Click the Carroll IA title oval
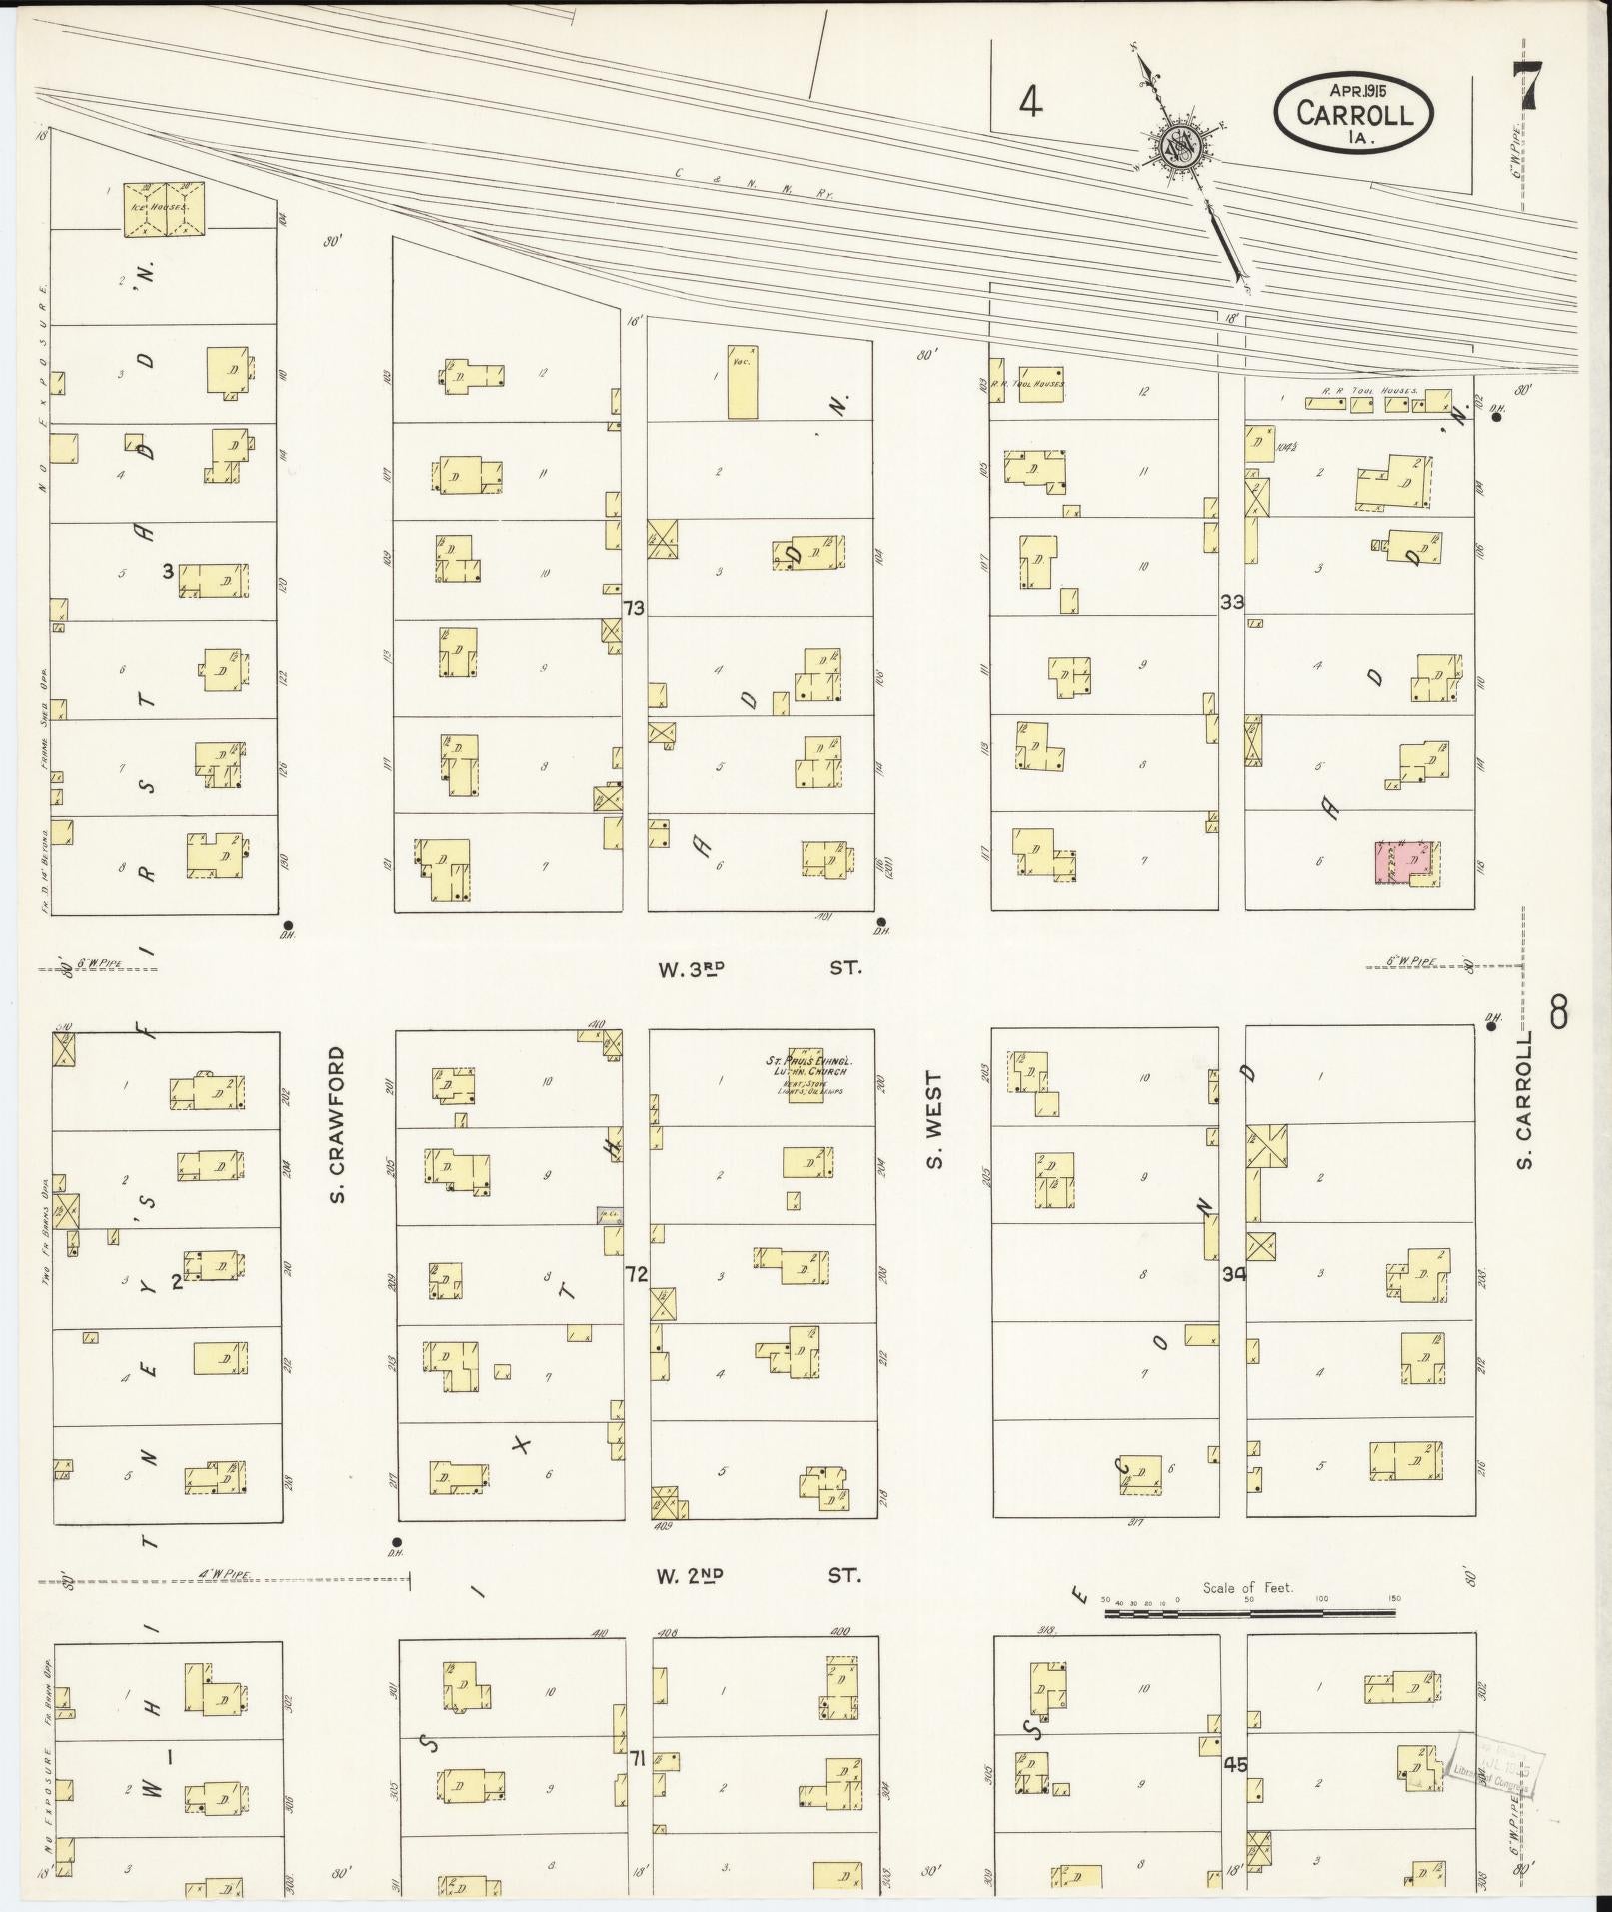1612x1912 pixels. pos(1353,114)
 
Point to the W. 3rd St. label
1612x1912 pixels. pos(758,968)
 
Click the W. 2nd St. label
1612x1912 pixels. pos(758,1575)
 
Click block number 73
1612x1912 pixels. pos(633,607)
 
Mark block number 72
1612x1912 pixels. pos(637,1274)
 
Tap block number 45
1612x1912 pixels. pos(1235,1764)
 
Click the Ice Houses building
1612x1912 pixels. pos(164,210)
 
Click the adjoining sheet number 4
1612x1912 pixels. pos(1030,101)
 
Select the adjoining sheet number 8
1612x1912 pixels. pos(1558,1015)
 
